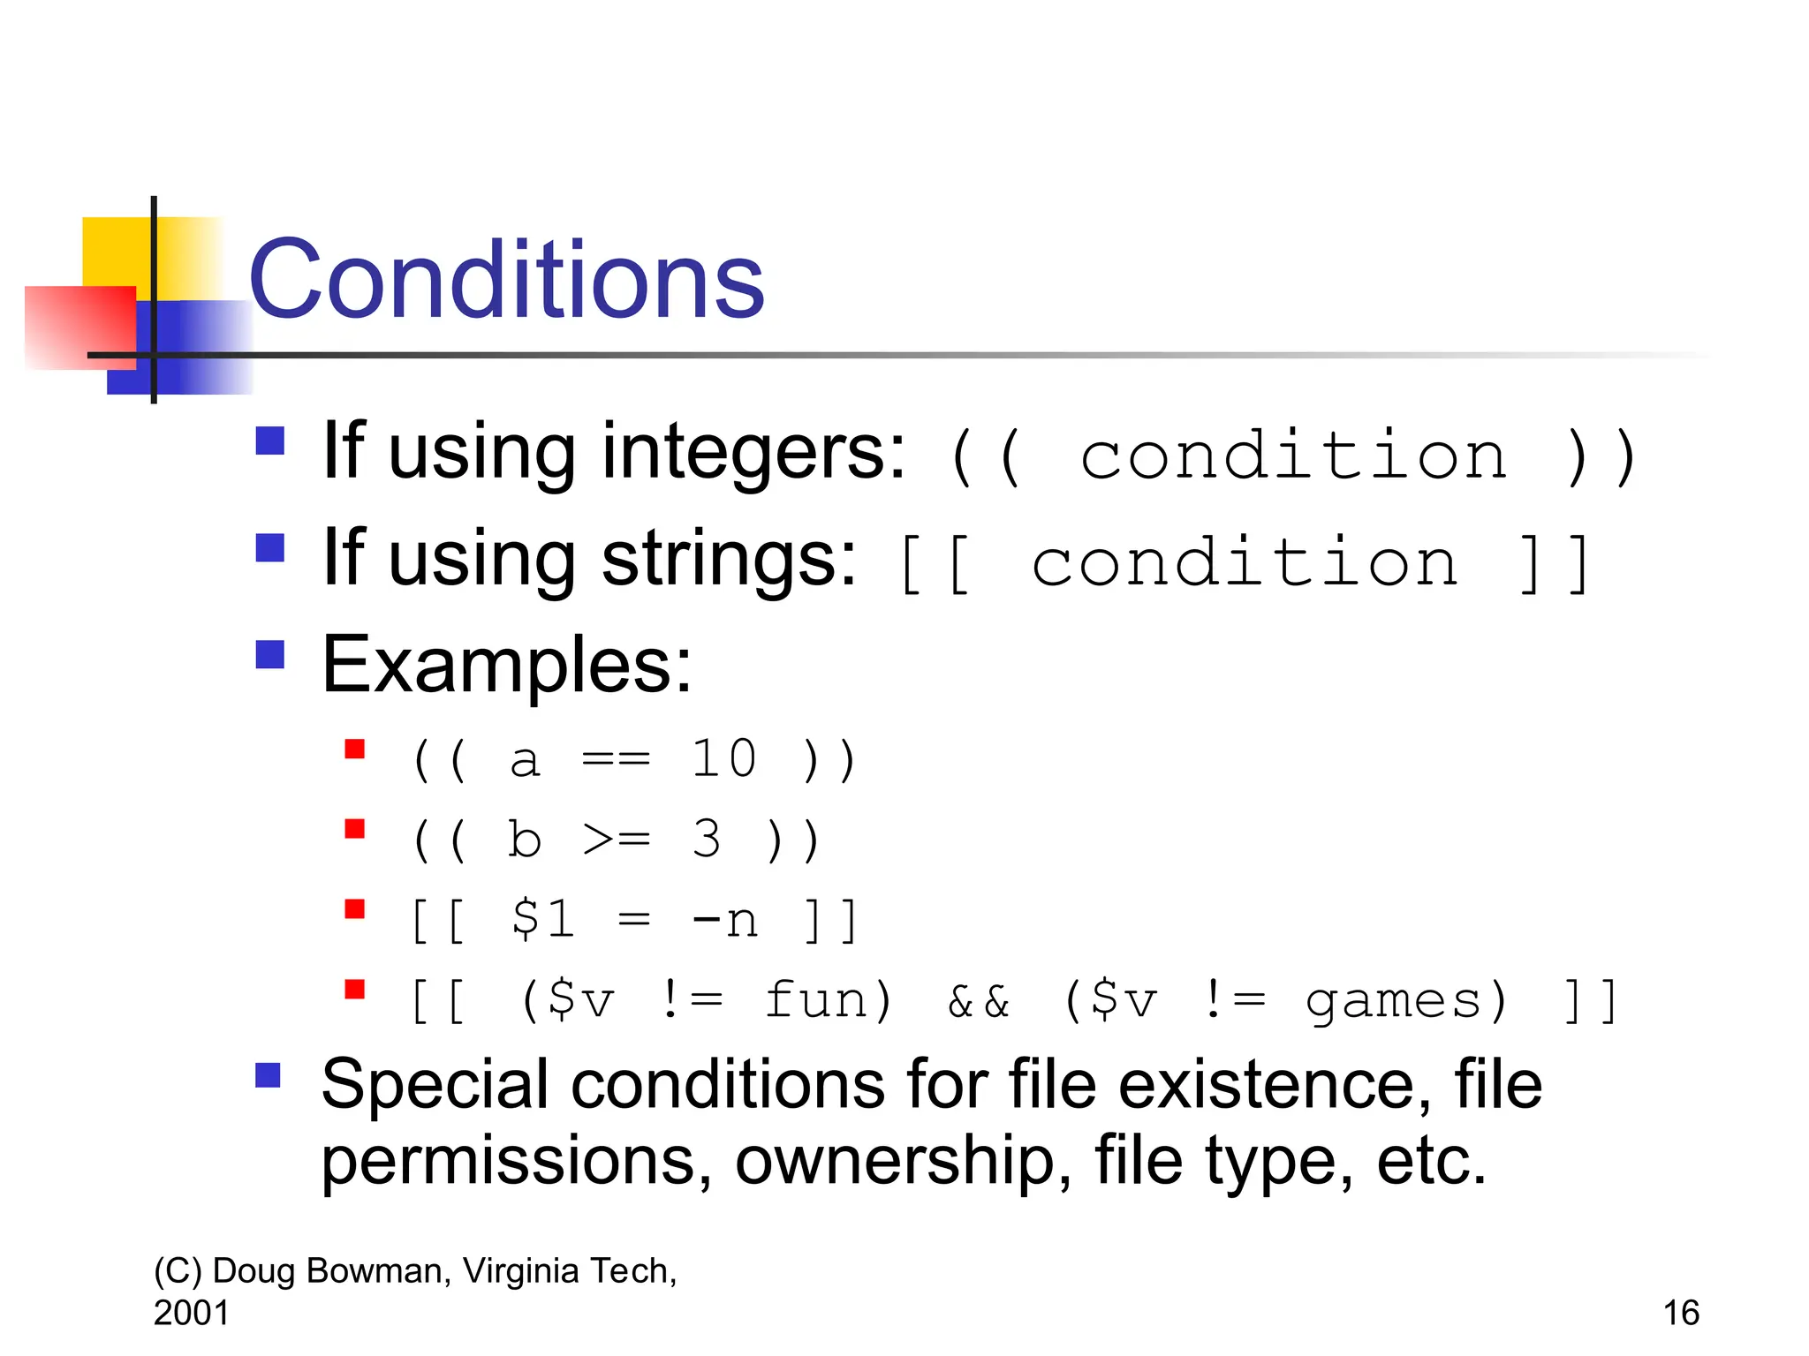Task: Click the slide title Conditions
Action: pyautogui.click(x=506, y=281)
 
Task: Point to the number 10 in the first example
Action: pyautogui.click(x=723, y=759)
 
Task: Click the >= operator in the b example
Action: pyautogui.click(x=617, y=840)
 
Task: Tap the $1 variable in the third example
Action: pyautogui.click(x=542, y=919)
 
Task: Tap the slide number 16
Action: pyautogui.click(x=1681, y=1313)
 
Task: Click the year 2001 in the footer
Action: pyautogui.click(x=191, y=1313)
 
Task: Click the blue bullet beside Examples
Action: pyautogui.click(x=269, y=655)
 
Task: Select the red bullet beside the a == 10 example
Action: pyautogui.click(x=355, y=750)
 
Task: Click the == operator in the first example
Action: pyautogui.click(x=616, y=759)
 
